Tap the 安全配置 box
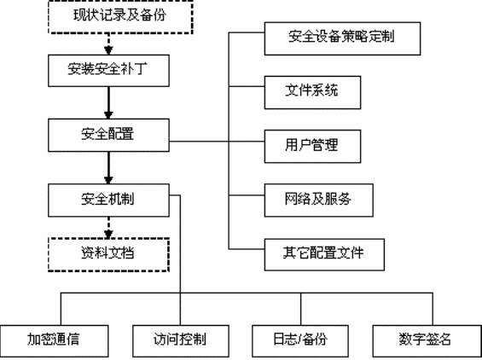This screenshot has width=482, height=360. [107, 133]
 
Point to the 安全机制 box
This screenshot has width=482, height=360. [107, 200]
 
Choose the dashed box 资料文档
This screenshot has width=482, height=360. [107, 253]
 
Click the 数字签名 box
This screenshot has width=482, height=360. [424, 340]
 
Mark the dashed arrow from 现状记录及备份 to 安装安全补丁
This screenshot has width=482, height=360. [107, 42]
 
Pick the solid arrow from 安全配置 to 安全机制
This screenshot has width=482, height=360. [107, 166]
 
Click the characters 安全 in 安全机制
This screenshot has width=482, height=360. [95, 200]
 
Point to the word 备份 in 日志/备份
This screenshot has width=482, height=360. [315, 340]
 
